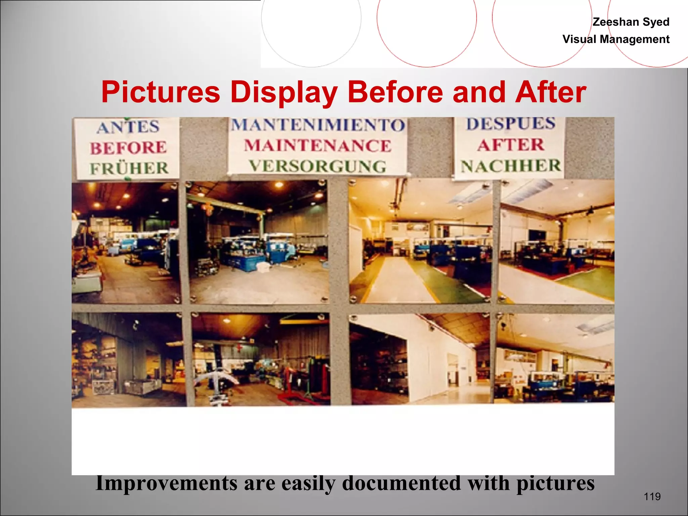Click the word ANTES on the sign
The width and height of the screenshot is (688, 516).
(x=128, y=127)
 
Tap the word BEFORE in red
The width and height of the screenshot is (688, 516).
(x=128, y=148)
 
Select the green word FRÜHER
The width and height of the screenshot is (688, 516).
(x=129, y=168)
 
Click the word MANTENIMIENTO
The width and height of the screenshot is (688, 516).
(x=318, y=125)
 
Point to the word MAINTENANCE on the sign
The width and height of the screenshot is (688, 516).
(x=318, y=146)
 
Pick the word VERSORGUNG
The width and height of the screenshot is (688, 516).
(x=318, y=166)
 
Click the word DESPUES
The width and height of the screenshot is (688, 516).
(x=511, y=124)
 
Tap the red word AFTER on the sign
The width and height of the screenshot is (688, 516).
(x=511, y=145)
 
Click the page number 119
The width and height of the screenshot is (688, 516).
(x=652, y=497)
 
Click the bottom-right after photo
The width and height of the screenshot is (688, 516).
(x=555, y=358)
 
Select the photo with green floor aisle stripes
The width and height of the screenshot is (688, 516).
(x=420, y=242)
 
